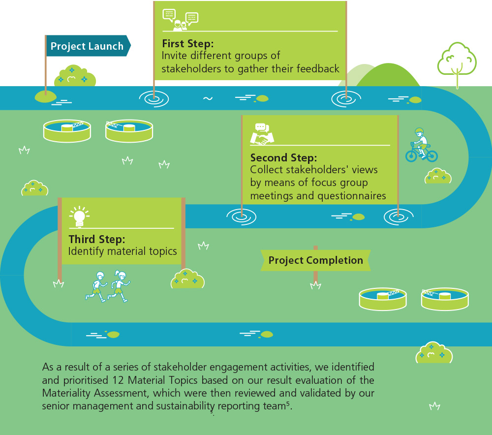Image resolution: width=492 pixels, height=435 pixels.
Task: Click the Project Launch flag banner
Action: (x=87, y=46)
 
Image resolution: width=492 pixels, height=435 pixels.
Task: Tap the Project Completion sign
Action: (x=315, y=260)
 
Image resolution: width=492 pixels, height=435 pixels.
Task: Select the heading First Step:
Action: (x=187, y=43)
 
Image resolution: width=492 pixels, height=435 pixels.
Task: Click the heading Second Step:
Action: (x=283, y=158)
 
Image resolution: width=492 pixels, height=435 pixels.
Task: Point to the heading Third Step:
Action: (x=96, y=240)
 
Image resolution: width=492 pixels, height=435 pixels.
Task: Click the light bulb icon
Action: (x=79, y=217)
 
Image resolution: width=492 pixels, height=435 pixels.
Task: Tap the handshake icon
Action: (x=262, y=134)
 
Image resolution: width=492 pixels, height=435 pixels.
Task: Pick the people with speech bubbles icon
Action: (x=180, y=20)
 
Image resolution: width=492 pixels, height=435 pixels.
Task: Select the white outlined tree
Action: (x=457, y=62)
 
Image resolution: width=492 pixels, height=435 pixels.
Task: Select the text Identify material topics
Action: (x=123, y=251)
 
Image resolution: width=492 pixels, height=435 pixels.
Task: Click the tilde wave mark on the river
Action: (x=208, y=98)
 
